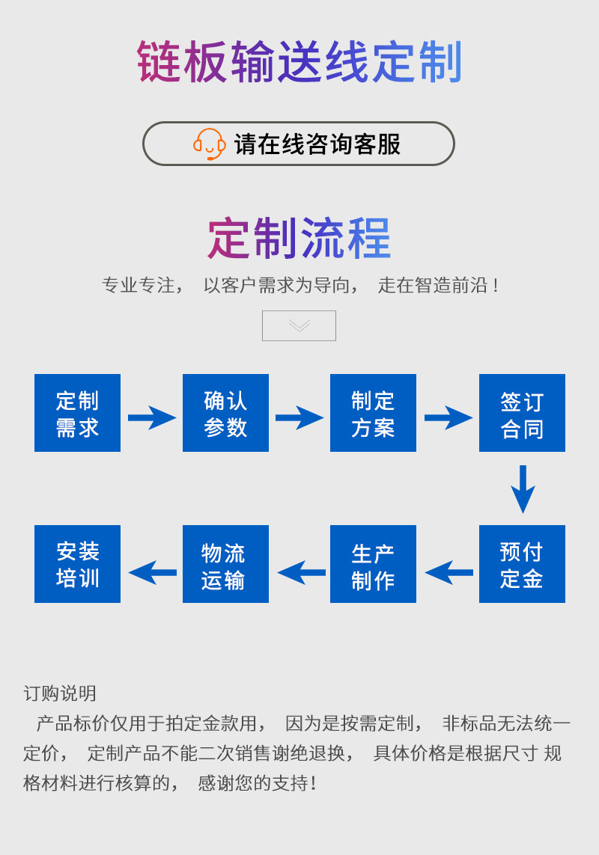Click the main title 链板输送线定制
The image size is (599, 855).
(299, 62)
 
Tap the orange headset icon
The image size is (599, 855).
(209, 144)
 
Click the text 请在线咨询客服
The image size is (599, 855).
(317, 144)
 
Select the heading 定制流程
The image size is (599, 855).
(299, 239)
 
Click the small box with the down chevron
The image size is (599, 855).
(299, 325)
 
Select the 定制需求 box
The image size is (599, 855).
(77, 413)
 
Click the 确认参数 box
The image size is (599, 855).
(225, 413)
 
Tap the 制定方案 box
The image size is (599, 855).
(373, 413)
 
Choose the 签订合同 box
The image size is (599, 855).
(522, 413)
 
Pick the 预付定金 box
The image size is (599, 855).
(522, 564)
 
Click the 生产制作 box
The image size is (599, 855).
(373, 564)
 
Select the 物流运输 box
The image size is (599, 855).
(225, 564)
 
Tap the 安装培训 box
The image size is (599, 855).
(77, 564)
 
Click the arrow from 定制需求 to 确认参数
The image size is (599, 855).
(151, 417)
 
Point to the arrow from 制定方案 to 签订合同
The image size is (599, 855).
(448, 417)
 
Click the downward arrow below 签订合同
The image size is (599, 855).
(523, 488)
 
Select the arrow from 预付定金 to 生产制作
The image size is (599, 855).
(449, 572)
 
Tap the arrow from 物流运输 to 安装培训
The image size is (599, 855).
(152, 572)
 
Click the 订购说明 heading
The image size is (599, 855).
(60, 693)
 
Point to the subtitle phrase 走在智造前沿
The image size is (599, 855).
(438, 285)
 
